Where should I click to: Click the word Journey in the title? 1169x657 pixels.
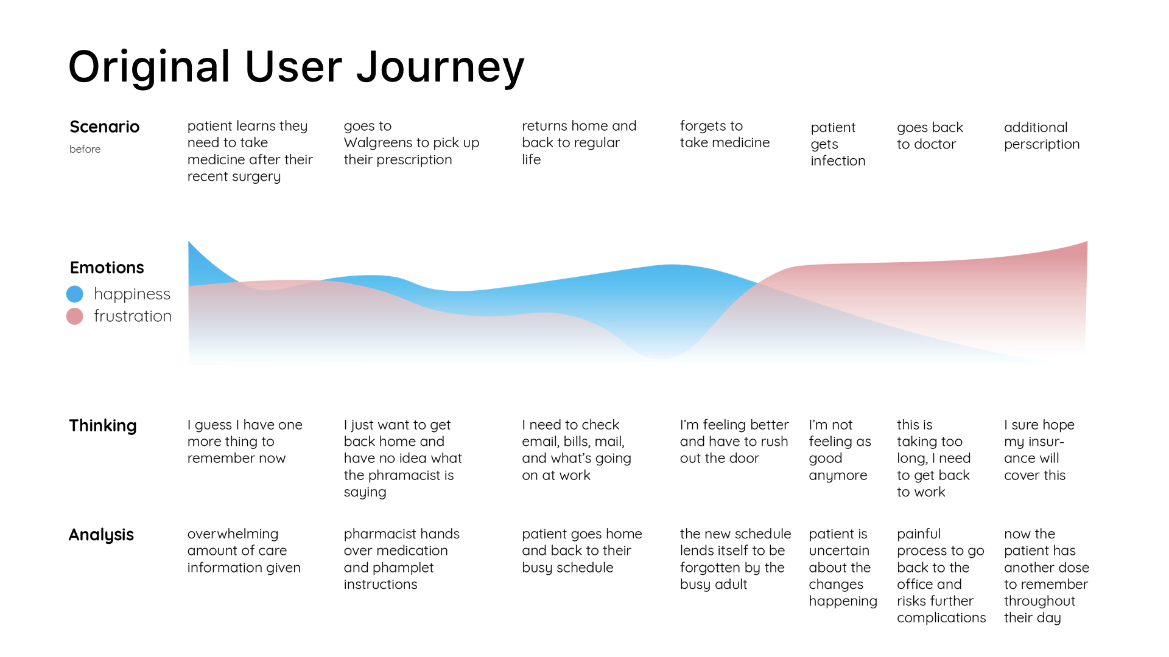tap(440, 68)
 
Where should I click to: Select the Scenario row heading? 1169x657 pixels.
tap(105, 127)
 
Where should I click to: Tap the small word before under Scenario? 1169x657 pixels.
tap(85, 149)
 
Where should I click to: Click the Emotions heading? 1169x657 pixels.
tap(107, 268)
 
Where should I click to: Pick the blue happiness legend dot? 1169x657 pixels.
tap(75, 294)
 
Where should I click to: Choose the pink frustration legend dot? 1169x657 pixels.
tap(75, 316)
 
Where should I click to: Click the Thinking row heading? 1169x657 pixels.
tap(103, 426)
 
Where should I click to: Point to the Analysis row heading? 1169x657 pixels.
tap(101, 535)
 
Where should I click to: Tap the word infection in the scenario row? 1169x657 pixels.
tap(838, 161)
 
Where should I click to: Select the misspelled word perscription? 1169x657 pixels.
tap(1042, 145)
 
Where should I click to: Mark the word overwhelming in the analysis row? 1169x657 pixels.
tap(233, 534)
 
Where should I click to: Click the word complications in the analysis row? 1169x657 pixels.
tap(941, 618)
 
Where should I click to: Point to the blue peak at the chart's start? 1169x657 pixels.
tap(189, 243)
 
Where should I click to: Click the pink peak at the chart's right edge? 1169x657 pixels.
tap(1086, 243)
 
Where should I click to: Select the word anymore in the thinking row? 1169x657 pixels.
tap(838, 476)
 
